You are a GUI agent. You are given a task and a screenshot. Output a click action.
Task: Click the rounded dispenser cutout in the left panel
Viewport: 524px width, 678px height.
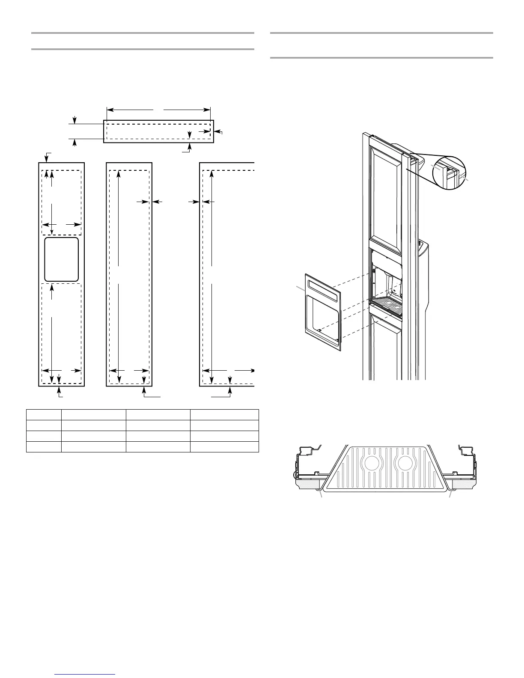62,259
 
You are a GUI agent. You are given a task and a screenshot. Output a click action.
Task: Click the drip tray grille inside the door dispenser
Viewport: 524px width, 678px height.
387,306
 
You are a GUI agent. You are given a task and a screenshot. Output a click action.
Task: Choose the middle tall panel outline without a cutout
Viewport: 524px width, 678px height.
129,274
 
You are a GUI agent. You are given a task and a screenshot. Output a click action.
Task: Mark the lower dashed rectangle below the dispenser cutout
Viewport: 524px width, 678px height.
62,333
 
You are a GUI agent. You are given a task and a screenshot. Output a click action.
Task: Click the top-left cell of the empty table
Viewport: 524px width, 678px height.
44,414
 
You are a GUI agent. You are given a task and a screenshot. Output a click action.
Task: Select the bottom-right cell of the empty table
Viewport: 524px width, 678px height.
224,447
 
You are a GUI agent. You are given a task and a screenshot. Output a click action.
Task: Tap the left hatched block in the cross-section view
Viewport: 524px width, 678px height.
308,484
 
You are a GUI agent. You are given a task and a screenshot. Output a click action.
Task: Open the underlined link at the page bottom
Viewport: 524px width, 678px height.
86,675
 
